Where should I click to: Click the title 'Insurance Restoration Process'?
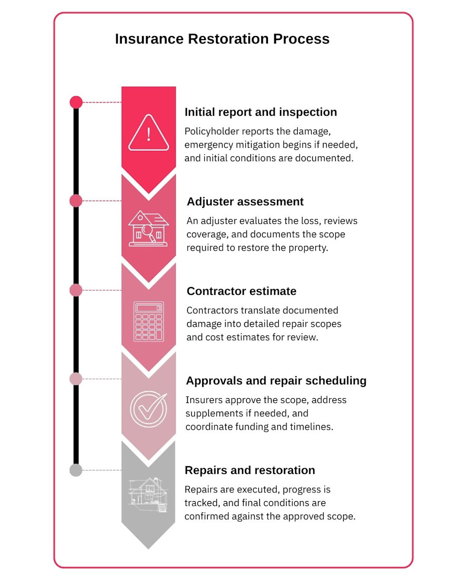click(x=222, y=39)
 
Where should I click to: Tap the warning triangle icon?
click(x=149, y=133)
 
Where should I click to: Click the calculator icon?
click(x=149, y=321)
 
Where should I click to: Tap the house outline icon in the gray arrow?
click(x=149, y=495)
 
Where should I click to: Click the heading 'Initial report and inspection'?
click(x=261, y=112)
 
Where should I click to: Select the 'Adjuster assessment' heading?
click(x=245, y=202)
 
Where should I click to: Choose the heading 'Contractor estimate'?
click(x=241, y=291)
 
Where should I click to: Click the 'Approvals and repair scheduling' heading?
click(x=276, y=381)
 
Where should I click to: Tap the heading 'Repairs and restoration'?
click(x=249, y=470)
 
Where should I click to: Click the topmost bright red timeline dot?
click(x=76, y=102)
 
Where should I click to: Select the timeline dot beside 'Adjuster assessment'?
click(x=76, y=201)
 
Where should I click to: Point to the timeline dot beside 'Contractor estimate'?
click(x=76, y=290)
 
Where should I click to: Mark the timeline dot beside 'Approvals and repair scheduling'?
click(x=76, y=379)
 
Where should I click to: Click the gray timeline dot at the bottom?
click(x=76, y=470)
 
